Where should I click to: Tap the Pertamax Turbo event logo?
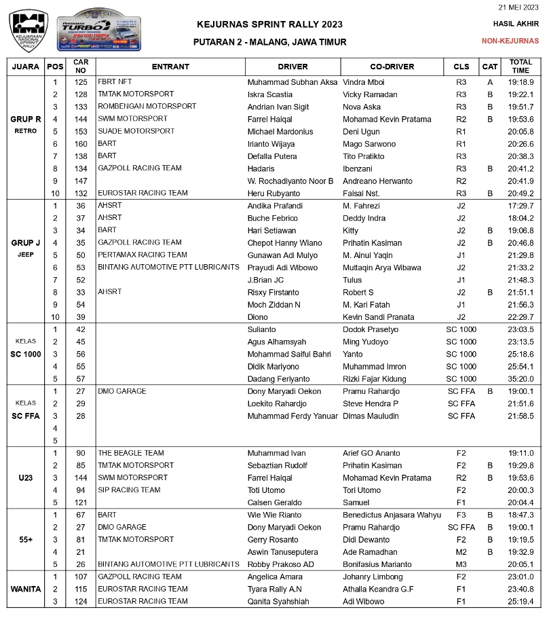[x=99, y=31]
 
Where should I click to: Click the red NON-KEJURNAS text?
[x=510, y=41]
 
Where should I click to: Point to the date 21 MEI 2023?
[x=518, y=7]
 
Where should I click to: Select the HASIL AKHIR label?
[x=516, y=24]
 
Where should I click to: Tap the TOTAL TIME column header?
[x=521, y=67]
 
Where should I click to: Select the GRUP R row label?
[x=26, y=120]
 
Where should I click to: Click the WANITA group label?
[x=26, y=589]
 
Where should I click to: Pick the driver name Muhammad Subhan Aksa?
[x=292, y=82]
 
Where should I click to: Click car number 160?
[x=81, y=144]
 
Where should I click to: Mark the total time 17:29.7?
[x=521, y=206]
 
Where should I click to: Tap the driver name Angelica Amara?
[x=274, y=577]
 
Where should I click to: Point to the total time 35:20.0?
[x=521, y=379]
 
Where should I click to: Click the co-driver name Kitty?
[x=351, y=230]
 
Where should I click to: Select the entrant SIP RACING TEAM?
[x=129, y=490]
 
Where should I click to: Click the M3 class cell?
[x=461, y=564]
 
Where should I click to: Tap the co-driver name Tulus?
[x=352, y=280]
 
